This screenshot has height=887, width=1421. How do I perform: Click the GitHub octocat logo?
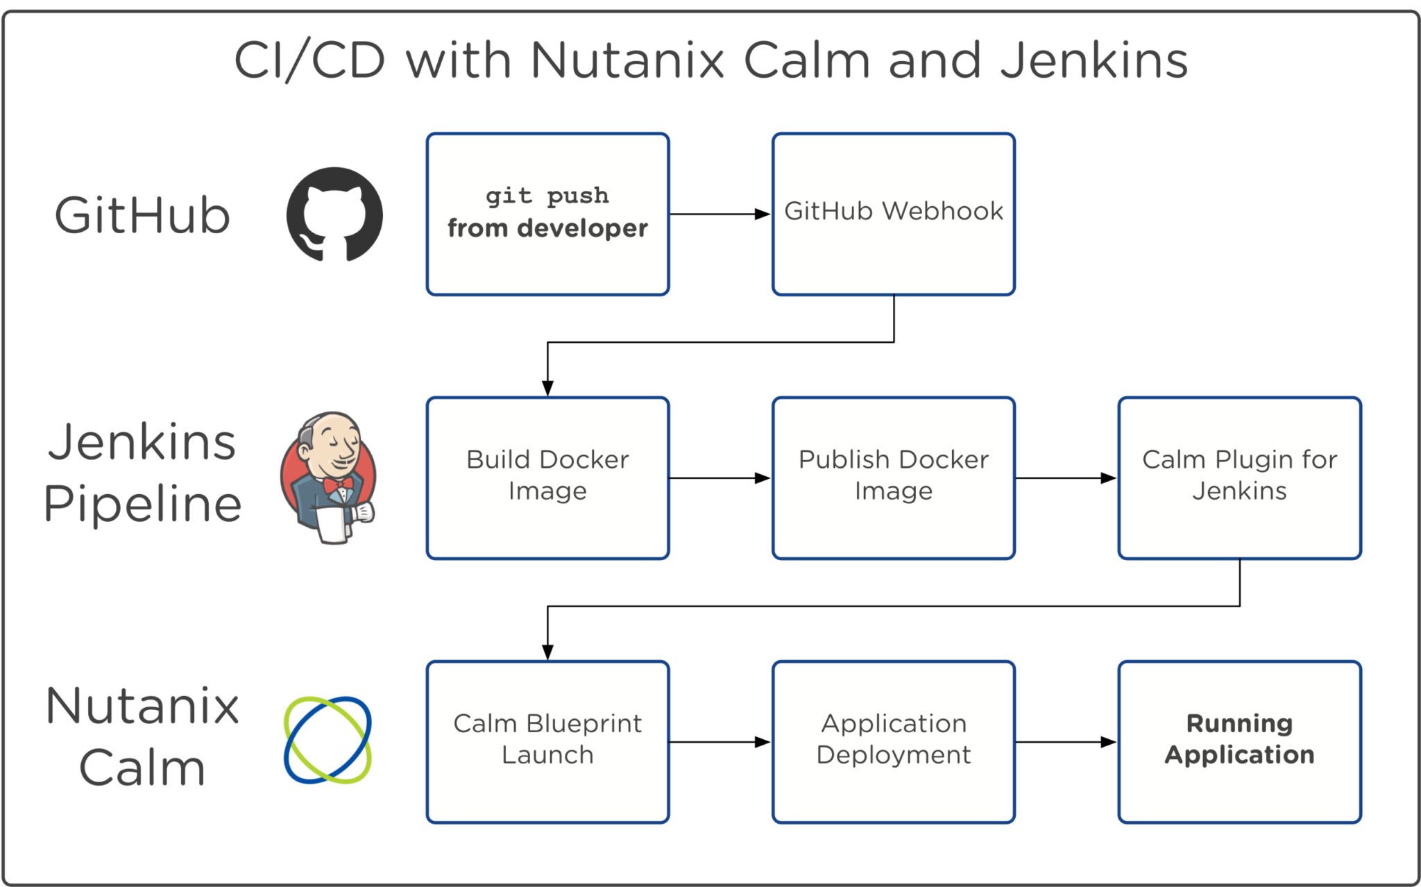point(334,214)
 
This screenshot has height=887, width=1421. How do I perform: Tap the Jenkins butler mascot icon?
point(329,478)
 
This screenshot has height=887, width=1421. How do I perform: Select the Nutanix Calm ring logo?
point(327,741)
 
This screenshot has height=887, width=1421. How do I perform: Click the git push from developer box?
point(547,214)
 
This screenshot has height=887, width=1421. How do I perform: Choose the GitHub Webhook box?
point(893,214)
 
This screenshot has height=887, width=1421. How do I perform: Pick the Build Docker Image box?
point(547,478)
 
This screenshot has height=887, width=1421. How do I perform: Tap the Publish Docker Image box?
point(893,478)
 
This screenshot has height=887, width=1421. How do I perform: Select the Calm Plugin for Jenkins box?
point(1239,478)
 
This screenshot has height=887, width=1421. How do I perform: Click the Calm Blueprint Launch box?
point(547,741)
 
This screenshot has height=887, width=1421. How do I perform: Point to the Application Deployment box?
point(893,741)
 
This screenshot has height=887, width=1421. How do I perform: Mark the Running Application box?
point(1239,741)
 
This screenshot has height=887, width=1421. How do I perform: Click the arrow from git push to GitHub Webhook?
point(720,214)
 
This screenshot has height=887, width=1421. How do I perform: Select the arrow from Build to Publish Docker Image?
point(720,478)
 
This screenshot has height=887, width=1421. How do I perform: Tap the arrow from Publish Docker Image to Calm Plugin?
point(1066,478)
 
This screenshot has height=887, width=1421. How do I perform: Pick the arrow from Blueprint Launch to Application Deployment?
point(720,741)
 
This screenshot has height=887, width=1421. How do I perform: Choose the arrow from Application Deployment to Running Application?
point(1066,741)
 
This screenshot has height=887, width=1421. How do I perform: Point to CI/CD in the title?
point(309,60)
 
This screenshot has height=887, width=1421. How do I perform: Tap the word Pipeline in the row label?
point(142,504)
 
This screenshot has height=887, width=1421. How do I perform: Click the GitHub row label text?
point(142,215)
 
